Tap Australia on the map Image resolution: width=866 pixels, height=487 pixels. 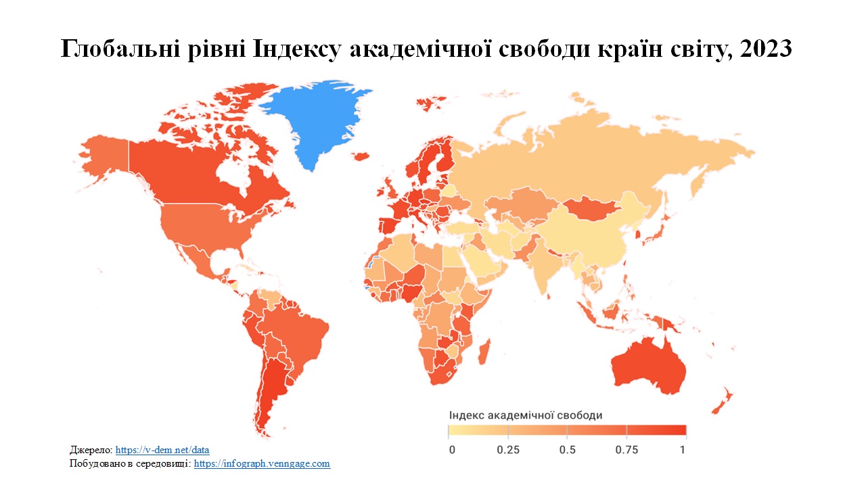[649, 365]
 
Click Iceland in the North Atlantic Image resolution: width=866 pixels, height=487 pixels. [361, 156]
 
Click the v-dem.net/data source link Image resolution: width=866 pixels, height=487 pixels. [162, 450]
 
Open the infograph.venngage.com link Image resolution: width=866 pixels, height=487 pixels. [262, 463]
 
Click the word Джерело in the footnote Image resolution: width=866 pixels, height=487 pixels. [91, 450]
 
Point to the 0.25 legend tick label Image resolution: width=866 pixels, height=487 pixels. [508, 450]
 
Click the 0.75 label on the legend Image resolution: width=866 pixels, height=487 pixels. [626, 450]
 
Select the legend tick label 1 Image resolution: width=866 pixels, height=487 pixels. [683, 450]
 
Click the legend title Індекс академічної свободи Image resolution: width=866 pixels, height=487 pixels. [525, 414]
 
